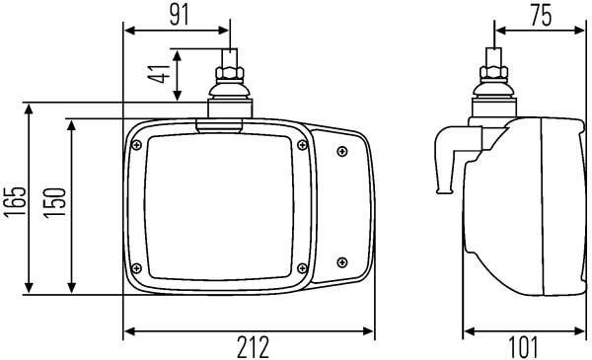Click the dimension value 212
tap(253, 347)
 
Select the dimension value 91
tap(179, 16)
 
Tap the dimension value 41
tap(159, 74)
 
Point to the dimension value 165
tap(16, 201)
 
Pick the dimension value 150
tap(54, 203)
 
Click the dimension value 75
tap(541, 16)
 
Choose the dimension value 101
tap(523, 347)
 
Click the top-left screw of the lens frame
tap(137, 145)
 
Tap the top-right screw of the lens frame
tap(303, 145)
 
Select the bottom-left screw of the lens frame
tap(137, 268)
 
